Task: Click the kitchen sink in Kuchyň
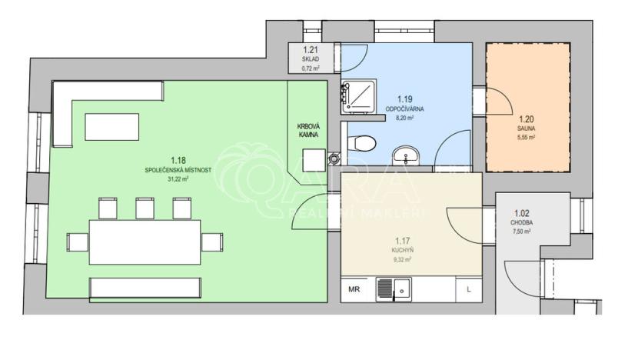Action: pos(393,290)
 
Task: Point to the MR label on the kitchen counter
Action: pos(354,290)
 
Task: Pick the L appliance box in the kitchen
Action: pos(468,290)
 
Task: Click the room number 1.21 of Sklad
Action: pos(310,51)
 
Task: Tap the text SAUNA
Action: pos(527,128)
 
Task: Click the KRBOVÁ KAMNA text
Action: pos(308,131)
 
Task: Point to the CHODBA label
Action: pos(520,222)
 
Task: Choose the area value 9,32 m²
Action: pos(401,259)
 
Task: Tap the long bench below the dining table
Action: pos(145,288)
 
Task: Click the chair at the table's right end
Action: pos(211,242)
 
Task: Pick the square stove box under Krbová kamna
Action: pos(314,159)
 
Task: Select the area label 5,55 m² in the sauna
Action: pos(527,137)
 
